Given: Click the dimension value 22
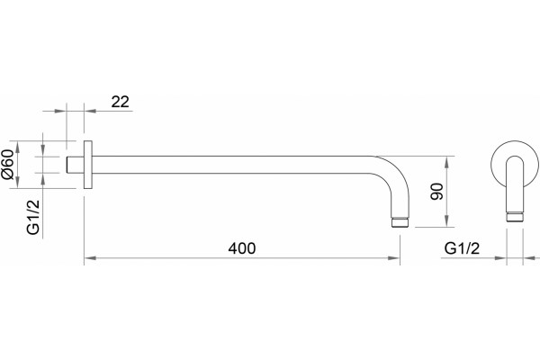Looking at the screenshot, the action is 121,102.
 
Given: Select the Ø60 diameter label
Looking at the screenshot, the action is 7,165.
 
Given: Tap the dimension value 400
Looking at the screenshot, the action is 242,248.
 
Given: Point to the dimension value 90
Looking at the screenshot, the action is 436,192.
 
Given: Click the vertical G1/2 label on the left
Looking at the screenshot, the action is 33,218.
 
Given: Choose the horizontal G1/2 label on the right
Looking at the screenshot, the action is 462,248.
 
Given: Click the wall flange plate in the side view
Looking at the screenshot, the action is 88,165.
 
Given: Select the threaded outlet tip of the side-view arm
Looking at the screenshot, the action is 400,222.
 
